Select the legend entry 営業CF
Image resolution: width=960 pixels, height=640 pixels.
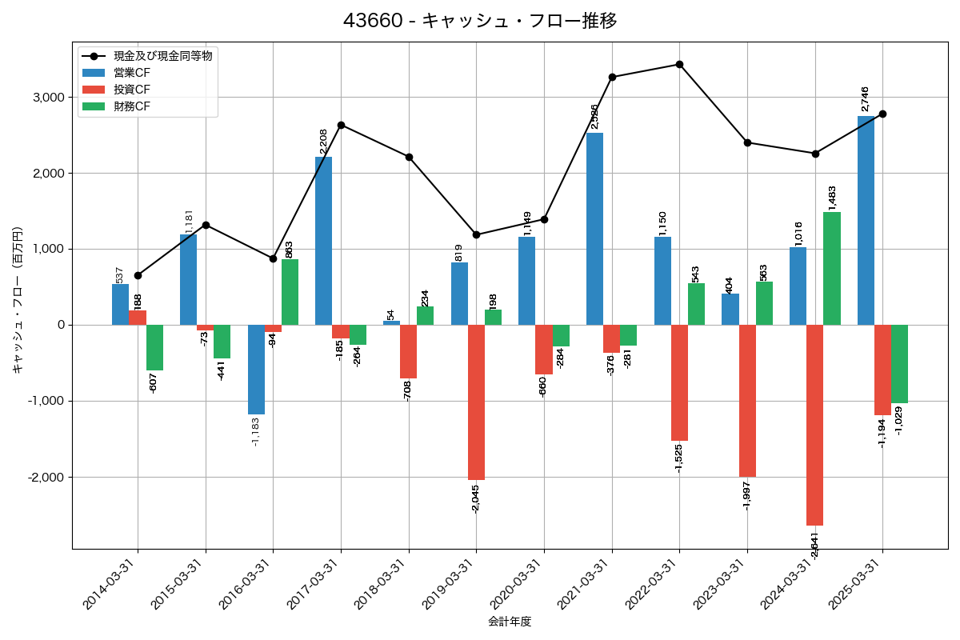click(x=132, y=73)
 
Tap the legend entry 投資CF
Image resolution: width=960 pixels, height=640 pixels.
click(x=132, y=90)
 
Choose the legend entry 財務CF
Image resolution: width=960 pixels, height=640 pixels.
click(x=132, y=106)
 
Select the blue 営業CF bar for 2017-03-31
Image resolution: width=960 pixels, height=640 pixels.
click(x=323, y=240)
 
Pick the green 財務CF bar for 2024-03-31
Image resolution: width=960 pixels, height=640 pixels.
click(x=832, y=268)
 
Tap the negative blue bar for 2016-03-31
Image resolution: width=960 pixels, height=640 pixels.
click(x=256, y=369)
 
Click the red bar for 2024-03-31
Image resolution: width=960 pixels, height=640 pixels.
click(x=814, y=425)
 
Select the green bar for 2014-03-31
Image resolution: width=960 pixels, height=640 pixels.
click(x=154, y=347)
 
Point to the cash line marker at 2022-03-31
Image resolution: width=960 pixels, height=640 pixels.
click(x=679, y=64)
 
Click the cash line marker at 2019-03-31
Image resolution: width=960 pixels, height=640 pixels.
click(x=476, y=234)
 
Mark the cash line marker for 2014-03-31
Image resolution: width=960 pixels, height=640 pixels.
click(x=138, y=275)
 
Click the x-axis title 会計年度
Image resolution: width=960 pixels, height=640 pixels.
click(x=510, y=622)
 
